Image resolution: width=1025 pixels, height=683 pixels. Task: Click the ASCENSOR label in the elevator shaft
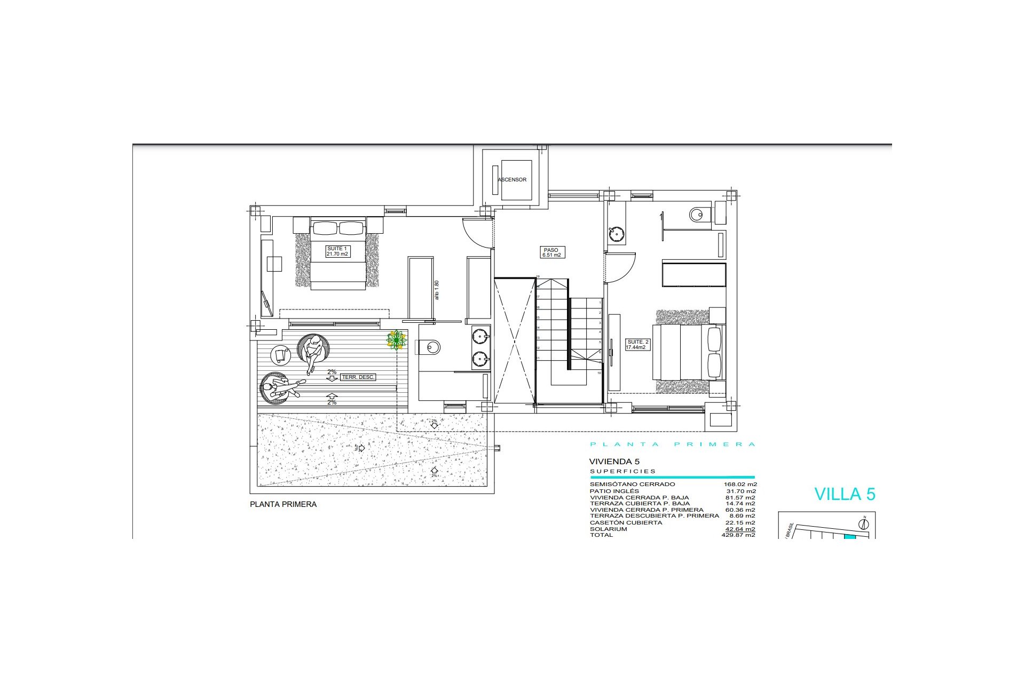[x=512, y=180]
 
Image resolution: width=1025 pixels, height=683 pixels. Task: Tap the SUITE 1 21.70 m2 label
[x=337, y=251]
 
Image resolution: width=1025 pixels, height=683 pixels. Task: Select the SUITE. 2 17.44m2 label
[x=637, y=345]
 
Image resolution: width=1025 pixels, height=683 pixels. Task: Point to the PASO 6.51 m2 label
[x=551, y=252]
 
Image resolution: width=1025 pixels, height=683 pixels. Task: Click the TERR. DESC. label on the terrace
[x=358, y=377]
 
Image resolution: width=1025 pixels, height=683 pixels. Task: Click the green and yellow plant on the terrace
[x=396, y=340]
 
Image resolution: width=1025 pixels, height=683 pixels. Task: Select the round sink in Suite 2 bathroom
[x=617, y=234]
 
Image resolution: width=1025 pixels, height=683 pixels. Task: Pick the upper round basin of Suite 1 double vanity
[x=480, y=336]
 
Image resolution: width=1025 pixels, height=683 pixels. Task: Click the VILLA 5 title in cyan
[x=845, y=494]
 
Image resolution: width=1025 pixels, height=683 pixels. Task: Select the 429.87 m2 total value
[x=738, y=535]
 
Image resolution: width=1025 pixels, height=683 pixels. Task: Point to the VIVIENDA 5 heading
[x=614, y=462]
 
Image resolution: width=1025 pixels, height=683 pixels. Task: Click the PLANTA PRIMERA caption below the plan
[x=283, y=504]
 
